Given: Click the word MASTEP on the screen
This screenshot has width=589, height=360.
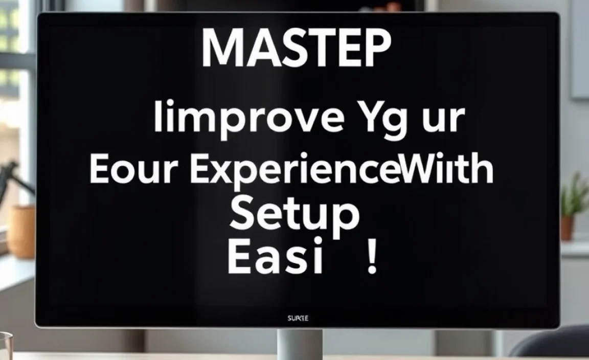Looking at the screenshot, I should (x=296, y=49).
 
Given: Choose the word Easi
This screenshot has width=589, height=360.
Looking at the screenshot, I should (x=276, y=259).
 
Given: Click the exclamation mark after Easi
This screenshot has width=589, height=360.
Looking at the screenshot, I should (x=372, y=259).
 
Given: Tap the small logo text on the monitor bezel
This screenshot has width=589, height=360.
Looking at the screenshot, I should (x=298, y=319).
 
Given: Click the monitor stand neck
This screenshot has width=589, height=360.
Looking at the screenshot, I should (x=299, y=344).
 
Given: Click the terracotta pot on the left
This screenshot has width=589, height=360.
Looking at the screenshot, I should (x=21, y=231).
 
